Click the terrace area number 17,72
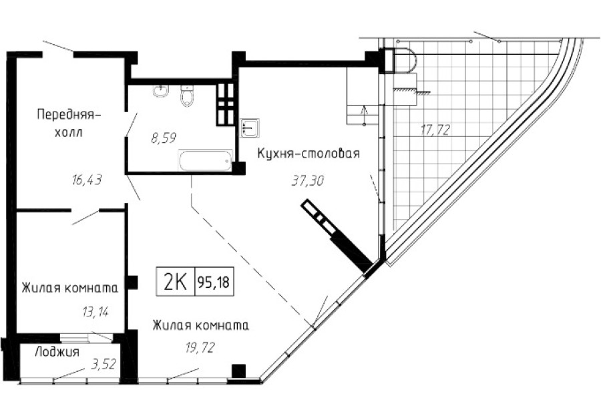pos(435,131)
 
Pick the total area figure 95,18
pos(214,282)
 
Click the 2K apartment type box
pos(175,282)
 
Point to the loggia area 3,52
pos(101,364)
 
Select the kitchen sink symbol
pos(250,126)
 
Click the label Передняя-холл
pos(69,122)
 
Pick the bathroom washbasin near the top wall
pos(159,91)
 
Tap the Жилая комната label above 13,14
pos(69,288)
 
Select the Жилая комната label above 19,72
pos(200,326)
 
